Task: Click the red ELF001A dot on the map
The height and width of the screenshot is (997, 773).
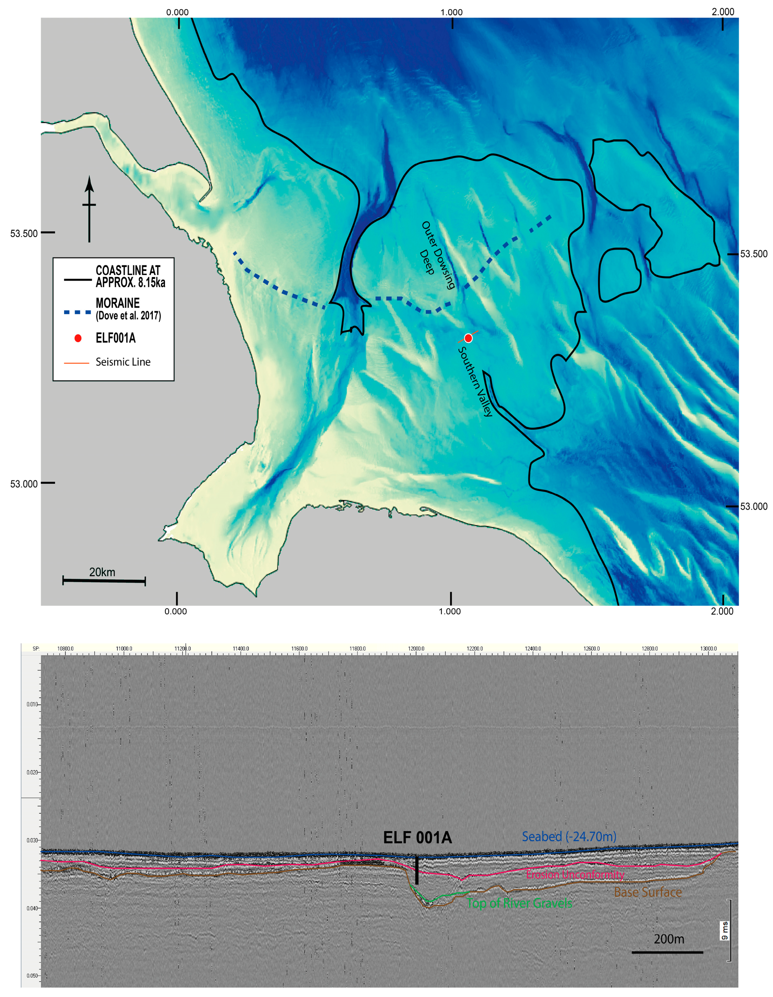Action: coord(468,338)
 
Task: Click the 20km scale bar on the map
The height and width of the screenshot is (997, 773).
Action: coord(104,581)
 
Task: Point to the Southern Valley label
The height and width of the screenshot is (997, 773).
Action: coord(475,381)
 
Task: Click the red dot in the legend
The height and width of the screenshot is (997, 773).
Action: coord(78,338)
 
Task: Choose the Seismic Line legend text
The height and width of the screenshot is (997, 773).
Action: coord(123,362)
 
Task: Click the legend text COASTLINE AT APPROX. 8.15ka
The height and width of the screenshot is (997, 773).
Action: coord(130,276)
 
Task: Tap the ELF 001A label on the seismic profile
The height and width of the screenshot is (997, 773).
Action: coord(417,838)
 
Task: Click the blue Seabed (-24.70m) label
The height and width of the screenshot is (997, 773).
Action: coord(569,836)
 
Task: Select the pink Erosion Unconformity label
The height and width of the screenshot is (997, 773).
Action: coord(575,874)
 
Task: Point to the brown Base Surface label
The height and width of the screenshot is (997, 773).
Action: coord(647,892)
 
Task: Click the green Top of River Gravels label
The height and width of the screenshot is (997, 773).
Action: coord(519,903)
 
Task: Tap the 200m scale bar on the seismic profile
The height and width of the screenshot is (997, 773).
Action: coord(667,952)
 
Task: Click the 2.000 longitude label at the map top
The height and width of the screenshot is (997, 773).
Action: coord(723,12)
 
